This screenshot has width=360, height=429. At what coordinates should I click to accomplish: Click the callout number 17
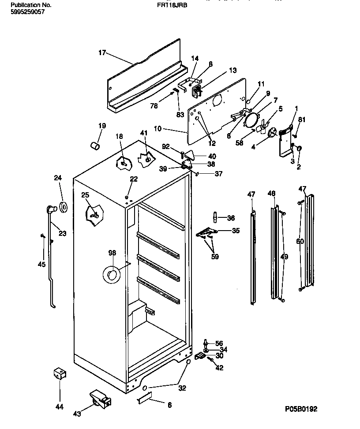pyautogui.click(x=102, y=53)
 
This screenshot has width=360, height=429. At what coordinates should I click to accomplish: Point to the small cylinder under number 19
pyautogui.click(x=94, y=145)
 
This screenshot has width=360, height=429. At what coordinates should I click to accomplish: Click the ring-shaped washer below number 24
pyautogui.click(x=63, y=206)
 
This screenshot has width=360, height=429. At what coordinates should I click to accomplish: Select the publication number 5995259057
pyautogui.click(x=27, y=12)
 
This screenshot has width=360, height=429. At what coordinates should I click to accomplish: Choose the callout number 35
pyautogui.click(x=236, y=231)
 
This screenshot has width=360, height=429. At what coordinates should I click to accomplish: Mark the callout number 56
pyautogui.click(x=219, y=343)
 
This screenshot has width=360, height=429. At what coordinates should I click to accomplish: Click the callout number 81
pyautogui.click(x=302, y=119)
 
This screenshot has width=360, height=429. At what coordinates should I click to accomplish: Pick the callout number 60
pyautogui.click(x=300, y=241)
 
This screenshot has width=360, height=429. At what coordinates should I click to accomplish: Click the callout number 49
pyautogui.click(x=284, y=256)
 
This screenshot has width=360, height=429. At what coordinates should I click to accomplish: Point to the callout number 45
pyautogui.click(x=42, y=265)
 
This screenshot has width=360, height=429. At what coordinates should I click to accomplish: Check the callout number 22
pyautogui.click(x=134, y=179)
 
